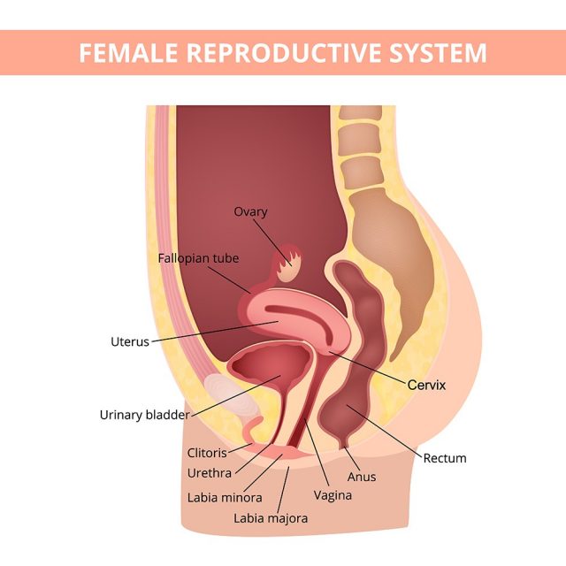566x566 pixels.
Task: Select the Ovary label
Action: (x=250, y=212)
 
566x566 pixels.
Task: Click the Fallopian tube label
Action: (x=198, y=258)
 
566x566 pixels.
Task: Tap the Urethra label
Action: (x=209, y=473)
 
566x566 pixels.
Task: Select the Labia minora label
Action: (x=225, y=497)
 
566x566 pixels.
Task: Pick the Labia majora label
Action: (x=271, y=518)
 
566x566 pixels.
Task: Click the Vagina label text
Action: (x=333, y=495)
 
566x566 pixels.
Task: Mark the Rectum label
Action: (x=445, y=458)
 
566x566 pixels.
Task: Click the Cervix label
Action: (x=426, y=386)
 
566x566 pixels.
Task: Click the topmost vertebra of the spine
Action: (x=358, y=115)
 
